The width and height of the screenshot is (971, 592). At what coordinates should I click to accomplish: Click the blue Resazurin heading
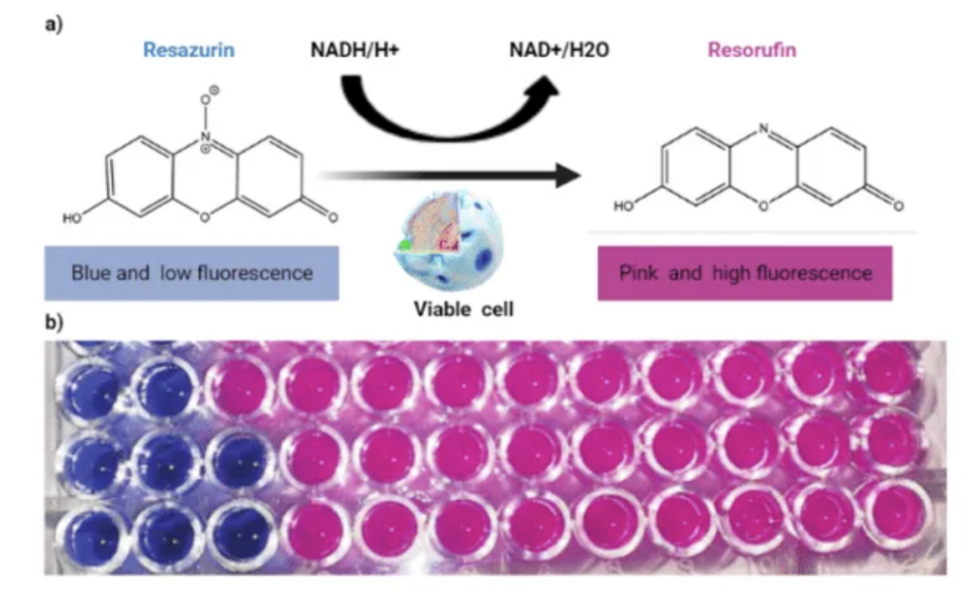pos(189,50)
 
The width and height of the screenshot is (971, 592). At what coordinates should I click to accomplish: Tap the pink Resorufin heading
pos(752,50)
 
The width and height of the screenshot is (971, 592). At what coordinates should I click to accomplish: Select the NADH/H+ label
pos(355,50)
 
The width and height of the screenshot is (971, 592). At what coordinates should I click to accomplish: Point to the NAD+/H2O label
pos(559,50)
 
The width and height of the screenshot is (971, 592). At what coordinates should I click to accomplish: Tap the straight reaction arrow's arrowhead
pos(568,176)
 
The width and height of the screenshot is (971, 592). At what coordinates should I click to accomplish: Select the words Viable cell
pos(463,309)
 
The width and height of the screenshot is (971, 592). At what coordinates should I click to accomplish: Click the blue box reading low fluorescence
pos(192,273)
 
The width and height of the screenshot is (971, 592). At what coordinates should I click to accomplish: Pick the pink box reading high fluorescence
pos(745,273)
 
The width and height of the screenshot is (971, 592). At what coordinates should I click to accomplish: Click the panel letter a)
pos(54,25)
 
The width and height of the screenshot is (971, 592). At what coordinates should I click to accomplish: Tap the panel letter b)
pos(54,322)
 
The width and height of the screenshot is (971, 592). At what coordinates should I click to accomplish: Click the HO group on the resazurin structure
pos(72,218)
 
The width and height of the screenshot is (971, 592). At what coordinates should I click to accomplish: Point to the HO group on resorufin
pos(624,206)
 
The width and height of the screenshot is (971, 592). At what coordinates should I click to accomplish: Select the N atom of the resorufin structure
pos(763,129)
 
